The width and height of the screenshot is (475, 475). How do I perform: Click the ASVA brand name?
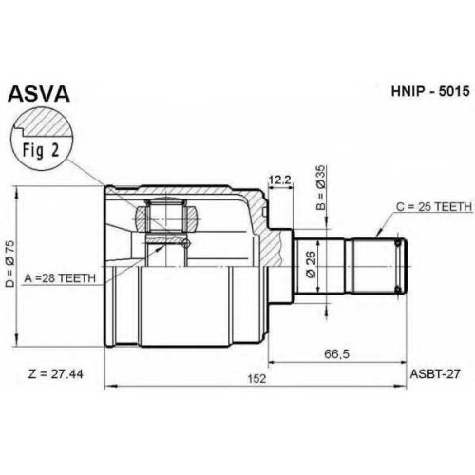39,94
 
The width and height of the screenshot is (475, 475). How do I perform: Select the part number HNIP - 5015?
430,91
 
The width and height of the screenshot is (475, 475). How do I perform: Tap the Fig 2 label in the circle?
41,150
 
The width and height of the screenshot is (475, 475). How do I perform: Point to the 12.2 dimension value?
279,180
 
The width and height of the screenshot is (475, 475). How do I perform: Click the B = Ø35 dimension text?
320,188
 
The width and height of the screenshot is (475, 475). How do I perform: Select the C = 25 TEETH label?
434,207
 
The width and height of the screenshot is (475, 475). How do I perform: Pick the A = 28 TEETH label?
60,278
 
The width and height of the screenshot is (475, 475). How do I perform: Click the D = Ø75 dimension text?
10,263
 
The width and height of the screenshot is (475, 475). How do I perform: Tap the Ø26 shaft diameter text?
311,264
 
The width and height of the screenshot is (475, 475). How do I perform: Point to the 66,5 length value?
336,353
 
